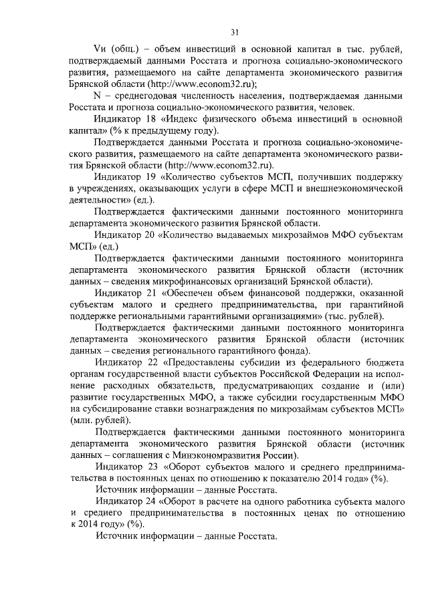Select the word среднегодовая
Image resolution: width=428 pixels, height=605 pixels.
(x=141, y=96)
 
